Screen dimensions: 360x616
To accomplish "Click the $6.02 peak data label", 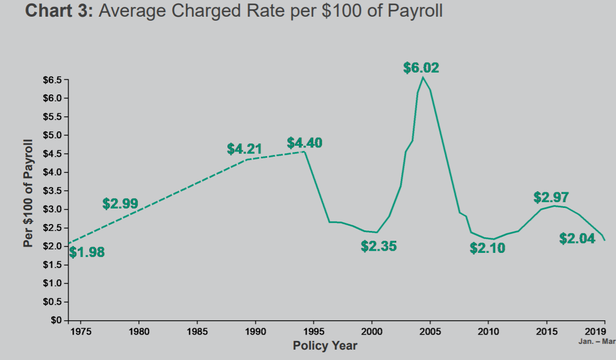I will [x=421, y=68].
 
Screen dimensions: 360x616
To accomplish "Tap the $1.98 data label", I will [x=87, y=252].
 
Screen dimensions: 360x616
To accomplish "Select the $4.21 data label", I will [x=245, y=150].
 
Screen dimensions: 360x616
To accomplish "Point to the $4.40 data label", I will [x=305, y=143].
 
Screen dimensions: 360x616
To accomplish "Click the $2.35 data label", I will [x=378, y=247].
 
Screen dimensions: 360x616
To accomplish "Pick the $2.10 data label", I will [x=487, y=248].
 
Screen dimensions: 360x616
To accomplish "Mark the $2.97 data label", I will [x=551, y=198].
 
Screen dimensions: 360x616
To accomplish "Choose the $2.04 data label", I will [x=577, y=238].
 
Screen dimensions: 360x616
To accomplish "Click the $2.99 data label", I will [x=120, y=204].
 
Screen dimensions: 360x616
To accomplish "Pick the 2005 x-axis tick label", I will [x=430, y=332].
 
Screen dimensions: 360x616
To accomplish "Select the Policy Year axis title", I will [x=325, y=346].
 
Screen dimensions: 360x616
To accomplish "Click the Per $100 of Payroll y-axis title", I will [x=28, y=193].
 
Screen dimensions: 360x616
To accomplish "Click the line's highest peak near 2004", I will [x=423, y=77].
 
